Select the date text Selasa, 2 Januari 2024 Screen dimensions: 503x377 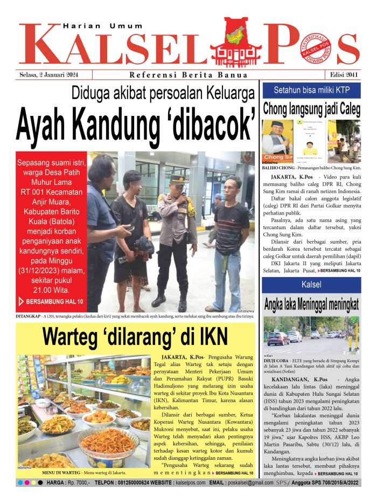coord(48,74)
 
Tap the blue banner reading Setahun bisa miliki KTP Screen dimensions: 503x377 coord(311,89)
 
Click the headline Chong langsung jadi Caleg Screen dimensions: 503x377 coord(311,109)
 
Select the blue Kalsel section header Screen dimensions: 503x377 coord(311,284)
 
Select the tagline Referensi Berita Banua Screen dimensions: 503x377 coord(188,75)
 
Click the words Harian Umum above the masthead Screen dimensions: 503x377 coord(103,25)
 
